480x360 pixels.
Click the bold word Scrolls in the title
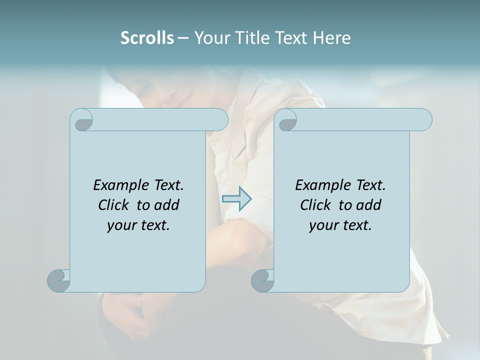click(147, 38)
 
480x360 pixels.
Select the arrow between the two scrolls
click(236, 199)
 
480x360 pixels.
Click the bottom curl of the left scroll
click(58, 280)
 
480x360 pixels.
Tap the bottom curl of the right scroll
click(262, 280)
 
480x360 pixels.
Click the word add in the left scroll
click(167, 205)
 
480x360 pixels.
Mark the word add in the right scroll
click(369, 205)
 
